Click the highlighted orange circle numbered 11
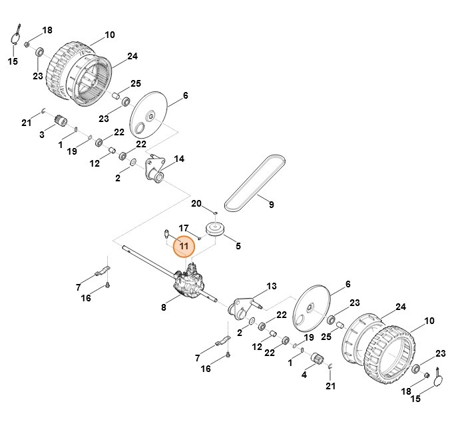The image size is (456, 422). click(x=184, y=247)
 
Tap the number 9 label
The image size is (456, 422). click(x=271, y=205)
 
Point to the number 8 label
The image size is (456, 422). click(x=164, y=307)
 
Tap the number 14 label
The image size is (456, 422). click(x=179, y=159)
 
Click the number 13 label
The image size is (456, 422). click(x=271, y=286)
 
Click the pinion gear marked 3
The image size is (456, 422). click(x=63, y=122)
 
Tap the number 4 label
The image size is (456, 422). click(x=304, y=375)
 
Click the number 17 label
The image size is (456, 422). click(x=184, y=228)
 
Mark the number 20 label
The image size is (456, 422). click(x=196, y=203)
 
